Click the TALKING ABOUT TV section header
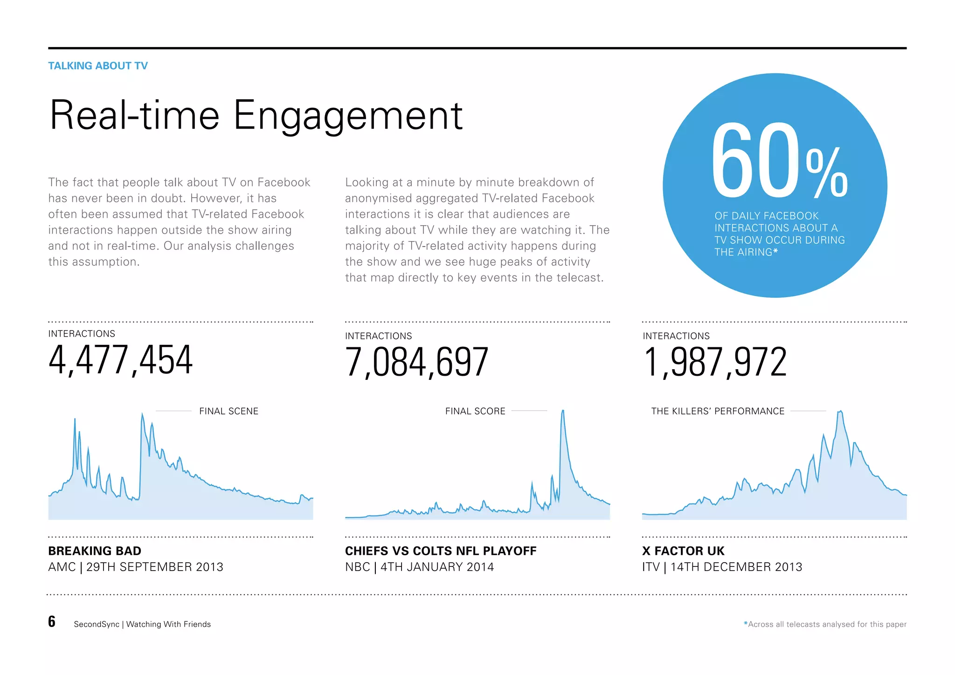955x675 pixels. pyautogui.click(x=98, y=66)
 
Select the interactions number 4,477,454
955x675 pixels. pyautogui.click(x=120, y=360)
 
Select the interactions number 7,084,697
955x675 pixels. pyautogui.click(x=416, y=362)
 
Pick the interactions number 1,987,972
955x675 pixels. pyautogui.click(x=714, y=362)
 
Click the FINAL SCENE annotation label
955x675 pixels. pyautogui.click(x=228, y=411)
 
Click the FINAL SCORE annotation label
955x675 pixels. pyautogui.click(x=475, y=411)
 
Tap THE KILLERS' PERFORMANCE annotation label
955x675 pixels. pyautogui.click(x=717, y=411)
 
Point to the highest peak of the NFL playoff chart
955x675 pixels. pyautogui.click(x=563, y=411)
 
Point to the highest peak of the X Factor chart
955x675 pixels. pyautogui.click(x=840, y=412)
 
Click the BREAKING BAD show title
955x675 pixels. pyautogui.click(x=95, y=551)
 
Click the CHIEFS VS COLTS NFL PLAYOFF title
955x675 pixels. pyautogui.click(x=440, y=551)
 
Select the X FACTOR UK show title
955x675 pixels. pyautogui.click(x=683, y=551)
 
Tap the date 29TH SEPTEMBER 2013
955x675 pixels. pyautogui.click(x=155, y=567)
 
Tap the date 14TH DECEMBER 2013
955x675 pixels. pyautogui.click(x=736, y=567)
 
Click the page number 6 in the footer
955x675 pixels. pyautogui.click(x=52, y=621)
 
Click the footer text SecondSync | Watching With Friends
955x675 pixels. pyautogui.click(x=142, y=624)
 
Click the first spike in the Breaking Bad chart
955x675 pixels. pyautogui.click(x=75, y=420)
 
